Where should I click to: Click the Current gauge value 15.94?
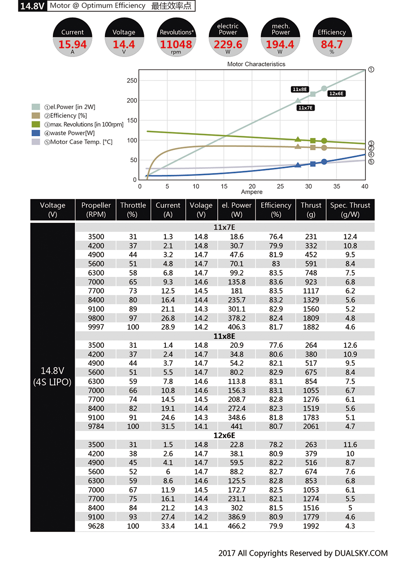point(72,44)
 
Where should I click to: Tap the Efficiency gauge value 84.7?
point(332,44)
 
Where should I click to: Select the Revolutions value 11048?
point(176,44)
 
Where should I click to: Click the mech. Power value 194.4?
point(280,44)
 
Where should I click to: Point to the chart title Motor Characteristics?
point(256,64)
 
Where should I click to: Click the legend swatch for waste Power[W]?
point(36,133)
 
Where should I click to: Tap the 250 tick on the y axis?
point(132,81)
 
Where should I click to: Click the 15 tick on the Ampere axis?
point(224,186)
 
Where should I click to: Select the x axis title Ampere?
point(252,192)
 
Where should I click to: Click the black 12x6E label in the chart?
point(336,94)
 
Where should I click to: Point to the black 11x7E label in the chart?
point(306,108)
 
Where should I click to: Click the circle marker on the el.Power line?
point(324,89)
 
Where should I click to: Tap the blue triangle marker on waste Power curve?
point(298,165)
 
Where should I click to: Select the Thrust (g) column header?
point(311,210)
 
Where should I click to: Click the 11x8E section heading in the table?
point(224,336)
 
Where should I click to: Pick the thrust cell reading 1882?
point(311,327)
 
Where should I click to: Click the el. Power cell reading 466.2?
point(237,526)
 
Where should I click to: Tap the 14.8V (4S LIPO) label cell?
point(52,376)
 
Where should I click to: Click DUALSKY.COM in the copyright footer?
point(361,553)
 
